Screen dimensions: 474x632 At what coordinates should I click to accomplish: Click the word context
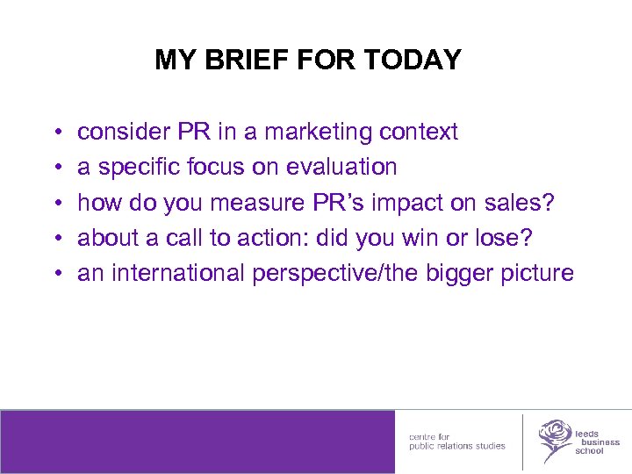tap(419, 133)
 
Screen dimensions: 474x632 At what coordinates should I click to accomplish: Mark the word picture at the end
tap(538, 273)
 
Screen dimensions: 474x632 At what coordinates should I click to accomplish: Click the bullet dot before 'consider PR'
tap(55, 133)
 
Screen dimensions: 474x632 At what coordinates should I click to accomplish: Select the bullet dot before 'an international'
tap(55, 274)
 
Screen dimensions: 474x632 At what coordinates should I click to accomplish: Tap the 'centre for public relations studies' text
tap(456, 441)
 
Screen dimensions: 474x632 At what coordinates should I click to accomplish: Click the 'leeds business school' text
tap(597, 442)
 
